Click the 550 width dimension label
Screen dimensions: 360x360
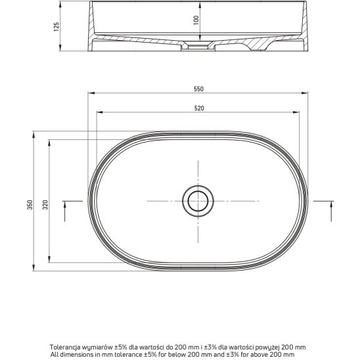[198, 89]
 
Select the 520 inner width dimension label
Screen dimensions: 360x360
[199, 108]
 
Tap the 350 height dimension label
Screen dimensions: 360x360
[30, 204]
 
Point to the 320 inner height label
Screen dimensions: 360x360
[45, 204]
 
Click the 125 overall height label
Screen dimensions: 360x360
[56, 27]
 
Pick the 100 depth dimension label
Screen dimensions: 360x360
[196, 20]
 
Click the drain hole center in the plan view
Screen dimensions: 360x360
[198, 201]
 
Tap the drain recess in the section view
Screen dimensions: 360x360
[198, 46]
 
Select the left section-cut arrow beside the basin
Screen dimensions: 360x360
[65, 212]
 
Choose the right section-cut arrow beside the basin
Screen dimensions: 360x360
[331, 212]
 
